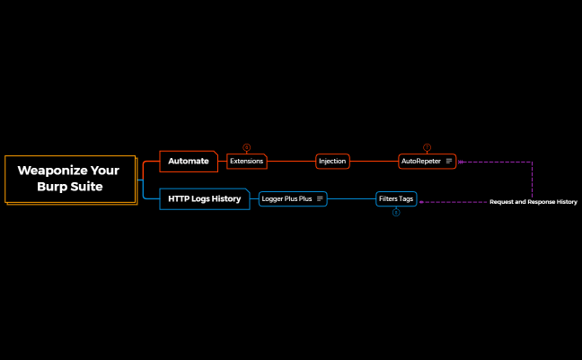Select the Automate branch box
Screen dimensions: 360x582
point(189,162)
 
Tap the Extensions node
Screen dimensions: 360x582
point(246,162)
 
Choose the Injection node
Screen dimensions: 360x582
point(332,162)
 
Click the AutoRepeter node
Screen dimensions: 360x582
point(421,162)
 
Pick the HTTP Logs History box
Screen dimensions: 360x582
point(205,198)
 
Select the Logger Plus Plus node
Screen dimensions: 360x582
point(287,198)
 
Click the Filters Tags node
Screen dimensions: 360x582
point(395,198)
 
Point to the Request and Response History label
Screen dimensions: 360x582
point(533,202)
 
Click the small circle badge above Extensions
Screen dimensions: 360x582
point(247,147)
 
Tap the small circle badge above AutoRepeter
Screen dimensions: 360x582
point(427,147)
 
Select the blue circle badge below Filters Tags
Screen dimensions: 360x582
point(396,213)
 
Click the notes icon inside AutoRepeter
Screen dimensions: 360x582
point(449,162)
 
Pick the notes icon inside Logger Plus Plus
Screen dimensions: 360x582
point(320,198)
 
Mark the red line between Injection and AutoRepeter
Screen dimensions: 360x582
point(374,162)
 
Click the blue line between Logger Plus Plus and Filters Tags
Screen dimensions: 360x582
point(351,198)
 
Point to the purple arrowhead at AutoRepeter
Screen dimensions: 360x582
point(461,162)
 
